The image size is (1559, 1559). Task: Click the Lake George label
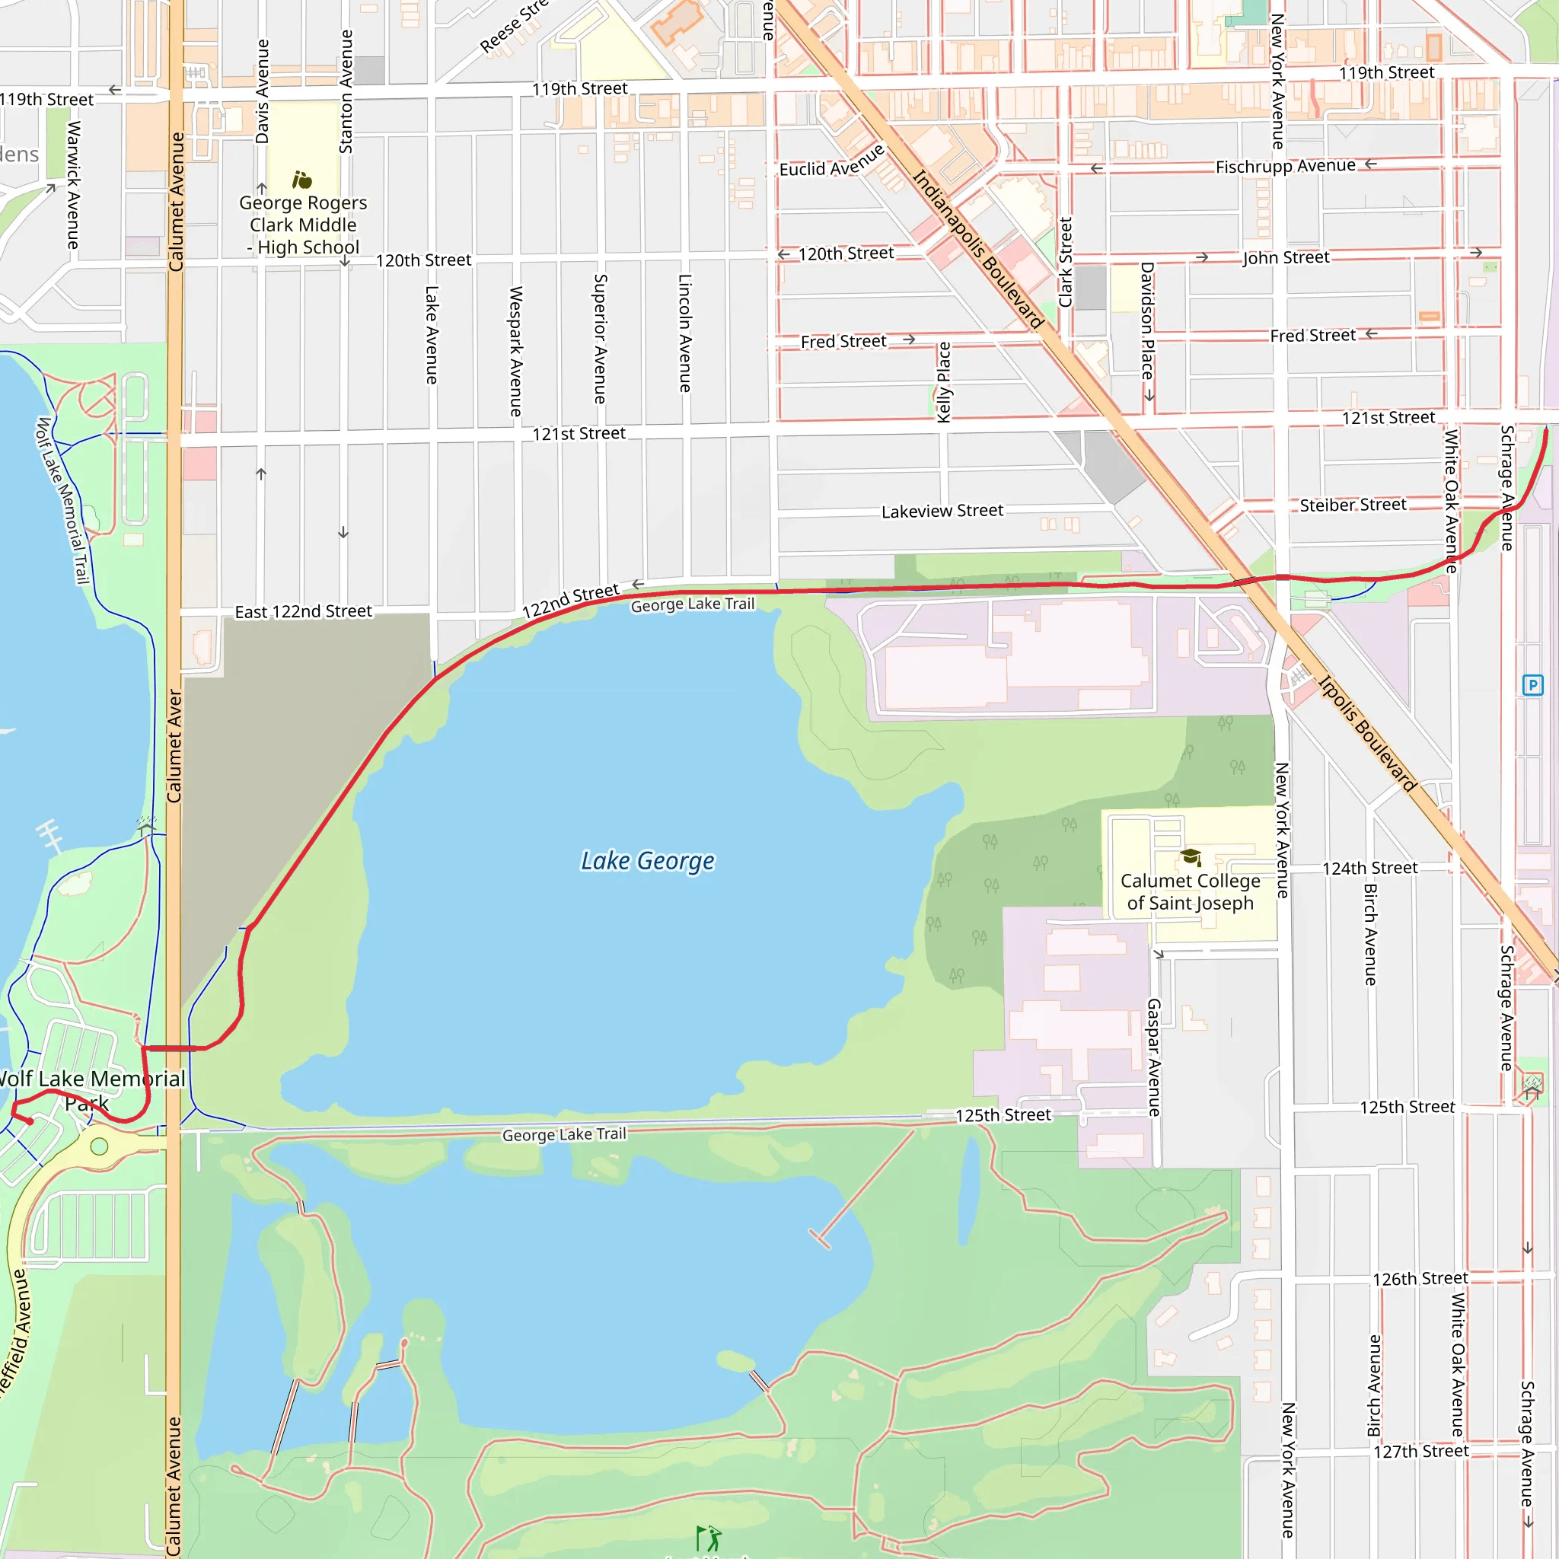tap(647, 861)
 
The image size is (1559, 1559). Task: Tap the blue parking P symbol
tap(1532, 685)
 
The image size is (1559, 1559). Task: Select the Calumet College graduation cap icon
tap(1191, 856)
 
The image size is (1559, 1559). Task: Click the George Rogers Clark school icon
tap(301, 179)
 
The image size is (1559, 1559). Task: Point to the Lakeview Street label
tap(942, 511)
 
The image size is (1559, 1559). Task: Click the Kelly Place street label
tap(943, 381)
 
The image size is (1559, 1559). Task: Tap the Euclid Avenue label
tap(832, 161)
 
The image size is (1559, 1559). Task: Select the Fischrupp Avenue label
tap(1285, 166)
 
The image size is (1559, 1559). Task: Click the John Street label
tap(1285, 257)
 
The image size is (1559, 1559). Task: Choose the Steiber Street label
tap(1353, 505)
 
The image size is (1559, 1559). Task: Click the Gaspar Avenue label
tap(1154, 1057)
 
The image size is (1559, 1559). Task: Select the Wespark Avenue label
tap(516, 351)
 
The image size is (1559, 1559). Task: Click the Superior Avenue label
tap(601, 339)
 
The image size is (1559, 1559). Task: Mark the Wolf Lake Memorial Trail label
tap(62, 500)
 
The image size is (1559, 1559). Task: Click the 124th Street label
tap(1369, 869)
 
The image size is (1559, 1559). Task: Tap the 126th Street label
tap(1420, 1278)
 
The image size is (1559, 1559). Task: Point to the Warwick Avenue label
tap(73, 185)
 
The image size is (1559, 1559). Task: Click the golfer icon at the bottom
tap(708, 1538)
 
